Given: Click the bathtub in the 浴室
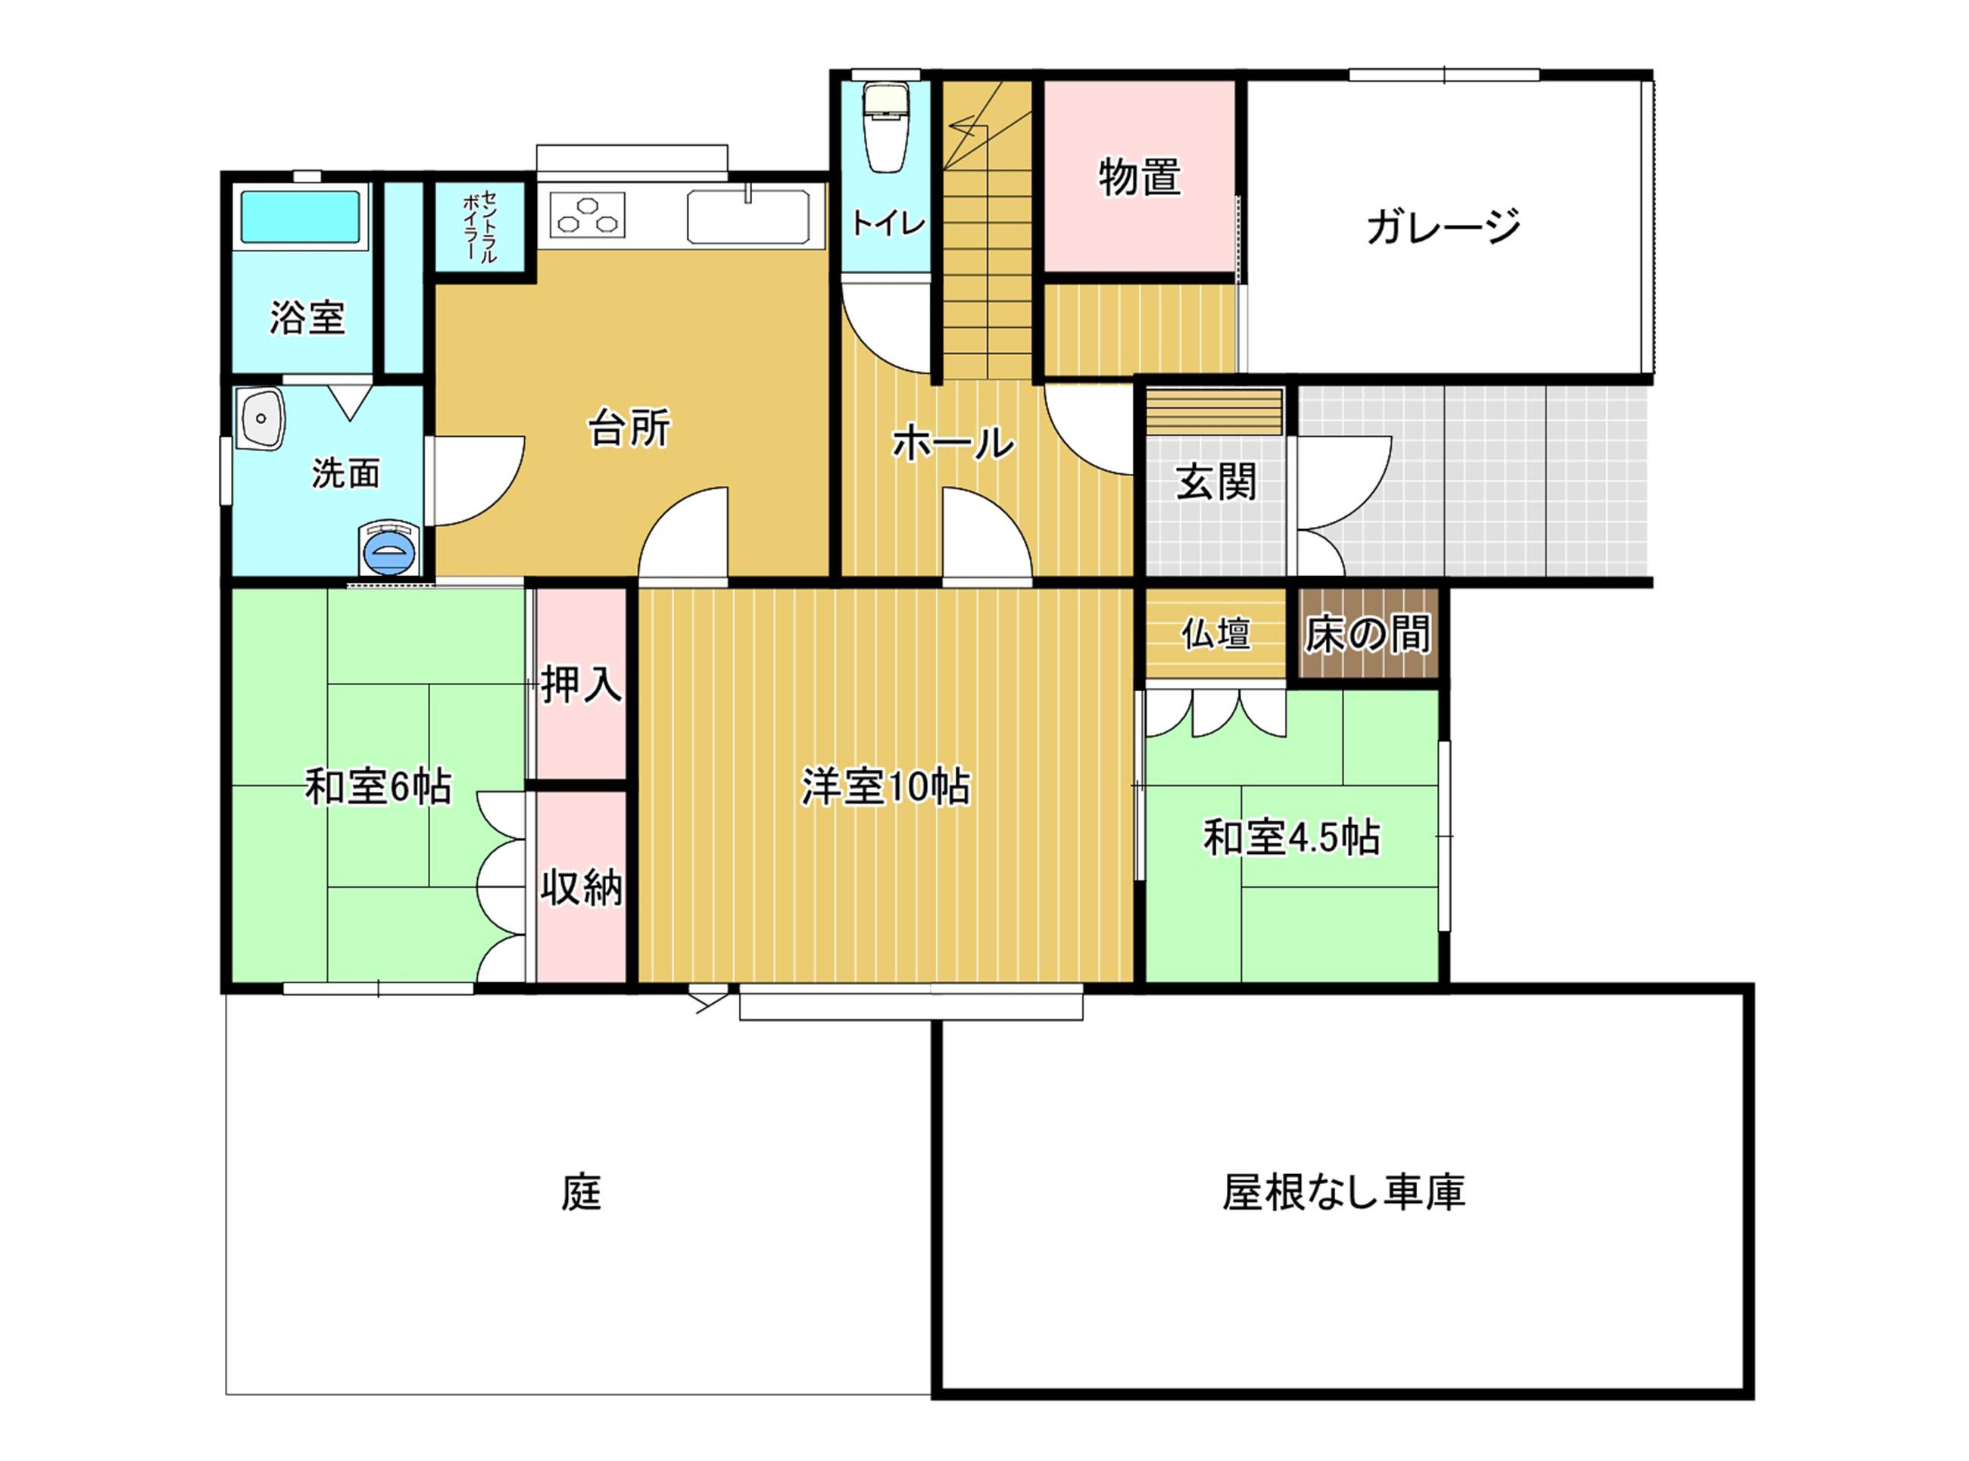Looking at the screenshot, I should tap(301, 217).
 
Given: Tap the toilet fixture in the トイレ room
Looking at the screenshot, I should tap(885, 126).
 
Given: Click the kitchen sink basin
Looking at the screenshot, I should tap(748, 217).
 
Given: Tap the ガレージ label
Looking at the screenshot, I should tap(1443, 226).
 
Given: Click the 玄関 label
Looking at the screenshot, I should tap(1216, 483).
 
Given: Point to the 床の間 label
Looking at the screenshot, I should tap(1368, 634).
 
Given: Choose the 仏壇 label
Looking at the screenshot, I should tap(1216, 633).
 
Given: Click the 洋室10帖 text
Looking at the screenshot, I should tap(885, 787).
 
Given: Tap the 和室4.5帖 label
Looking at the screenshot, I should tap(1291, 837).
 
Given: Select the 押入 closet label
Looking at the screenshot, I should tap(581, 684).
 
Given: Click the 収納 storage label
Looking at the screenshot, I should tap(581, 887).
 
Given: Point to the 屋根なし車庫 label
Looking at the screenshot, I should tap(1343, 1192).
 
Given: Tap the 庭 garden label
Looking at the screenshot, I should tap(581, 1192).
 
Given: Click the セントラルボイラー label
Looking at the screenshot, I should tap(479, 226).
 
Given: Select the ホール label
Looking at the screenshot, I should tap(953, 442).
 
